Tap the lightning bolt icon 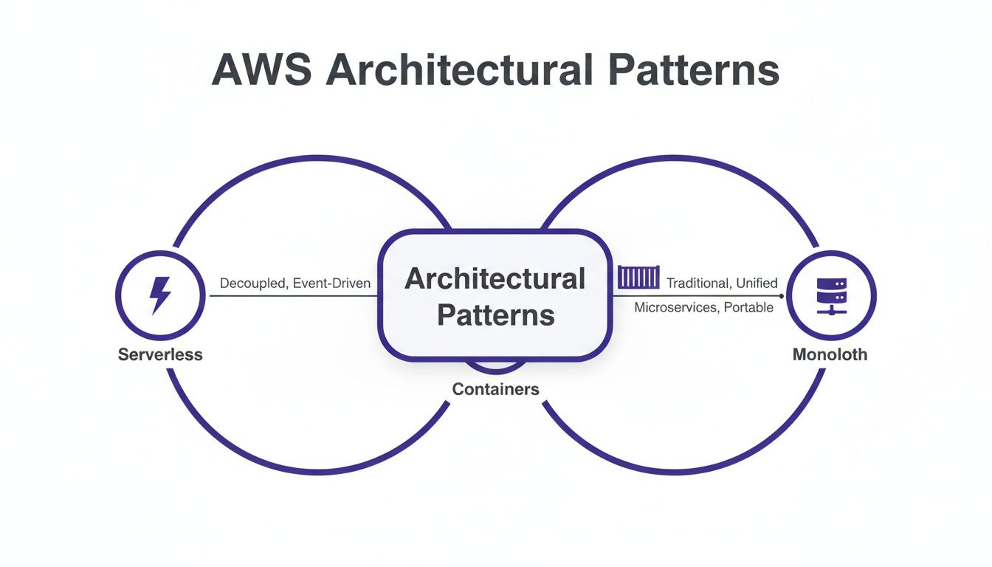point(160,295)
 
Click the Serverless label point(160,354)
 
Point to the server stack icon point(830,295)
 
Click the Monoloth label point(830,354)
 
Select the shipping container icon point(638,279)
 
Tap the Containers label point(495,389)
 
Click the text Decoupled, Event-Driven point(295,283)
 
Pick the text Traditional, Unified point(722,283)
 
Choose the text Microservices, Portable point(704,307)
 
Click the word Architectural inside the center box point(495,279)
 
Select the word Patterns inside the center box point(495,315)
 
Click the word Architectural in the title point(459,71)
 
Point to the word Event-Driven point(331,283)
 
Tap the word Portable point(748,307)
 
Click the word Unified point(757,283)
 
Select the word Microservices point(675,307)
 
